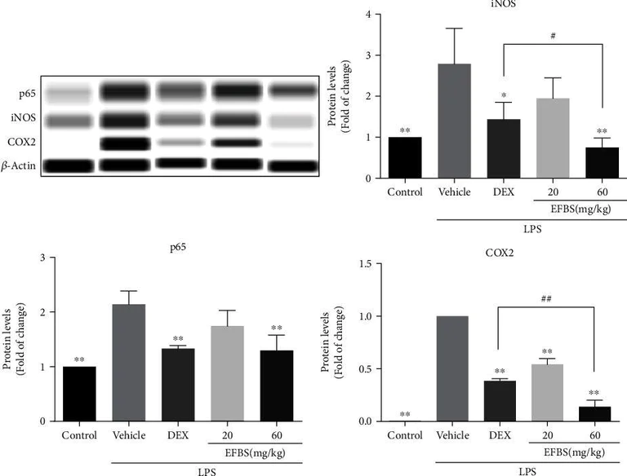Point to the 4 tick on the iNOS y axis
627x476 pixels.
(x=348, y=15)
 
